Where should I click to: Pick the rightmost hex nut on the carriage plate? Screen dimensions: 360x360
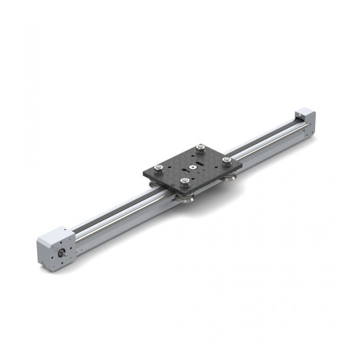[226, 160]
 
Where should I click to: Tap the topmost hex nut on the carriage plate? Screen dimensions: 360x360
[200, 149]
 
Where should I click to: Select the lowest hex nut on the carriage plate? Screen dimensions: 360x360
[185, 181]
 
